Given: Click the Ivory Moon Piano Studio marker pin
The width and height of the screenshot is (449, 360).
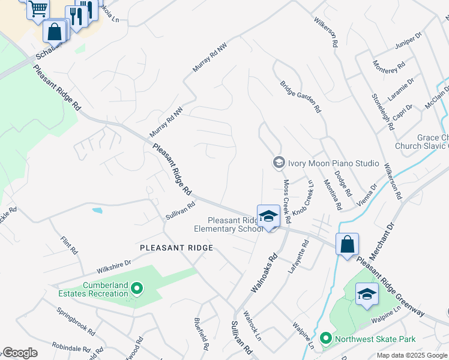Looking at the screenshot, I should pos(279,163).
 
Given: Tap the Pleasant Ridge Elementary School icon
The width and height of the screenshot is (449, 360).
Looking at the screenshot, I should pos(268,217).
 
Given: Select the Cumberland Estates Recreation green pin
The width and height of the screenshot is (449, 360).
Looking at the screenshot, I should pos(137,289).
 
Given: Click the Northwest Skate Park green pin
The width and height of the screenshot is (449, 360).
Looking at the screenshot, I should pos(326,339).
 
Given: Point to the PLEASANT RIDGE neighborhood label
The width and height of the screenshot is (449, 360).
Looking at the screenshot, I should pos(176,248).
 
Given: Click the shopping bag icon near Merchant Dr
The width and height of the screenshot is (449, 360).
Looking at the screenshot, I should pos(347,244).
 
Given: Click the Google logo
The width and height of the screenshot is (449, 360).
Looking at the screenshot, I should pos(20,353).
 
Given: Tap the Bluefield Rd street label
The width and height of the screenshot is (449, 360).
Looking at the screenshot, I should pos(200,334).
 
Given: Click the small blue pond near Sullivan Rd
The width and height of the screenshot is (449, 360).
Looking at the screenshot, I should pos(97,211).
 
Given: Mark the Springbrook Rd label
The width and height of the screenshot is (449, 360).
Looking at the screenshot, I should pos(76,322).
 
